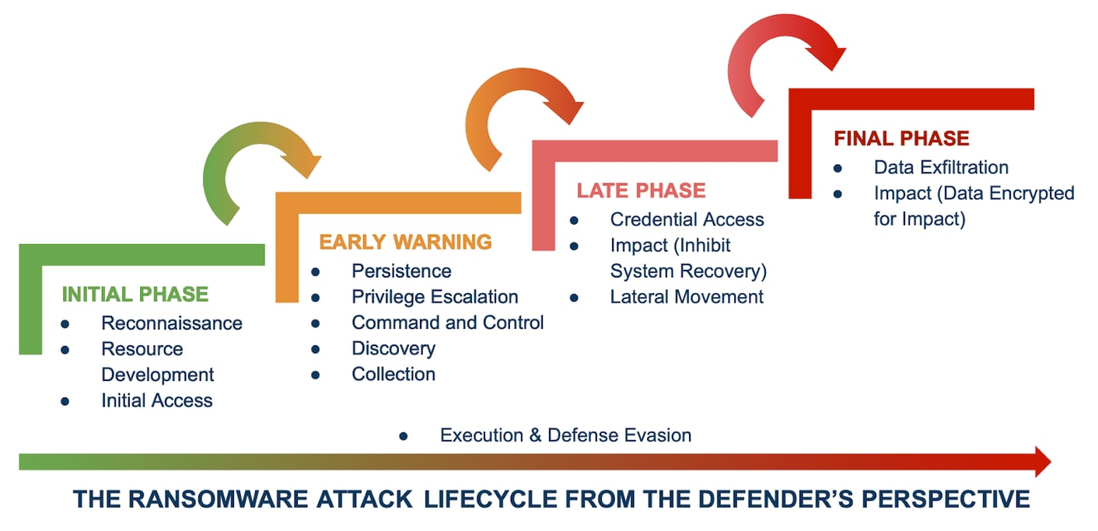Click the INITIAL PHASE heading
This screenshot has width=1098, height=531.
135,294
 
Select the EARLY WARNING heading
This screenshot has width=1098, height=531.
405,242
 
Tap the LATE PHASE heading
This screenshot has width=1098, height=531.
641,190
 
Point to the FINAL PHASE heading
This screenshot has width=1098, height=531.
901,138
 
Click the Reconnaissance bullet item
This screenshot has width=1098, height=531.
172,323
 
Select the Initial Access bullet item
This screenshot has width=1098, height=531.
156,400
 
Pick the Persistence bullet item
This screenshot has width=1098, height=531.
401,271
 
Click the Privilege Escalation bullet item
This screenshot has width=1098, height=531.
435,297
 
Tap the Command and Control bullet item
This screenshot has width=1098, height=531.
447,323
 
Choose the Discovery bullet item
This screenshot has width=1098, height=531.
393,348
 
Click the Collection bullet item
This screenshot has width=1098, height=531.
393,374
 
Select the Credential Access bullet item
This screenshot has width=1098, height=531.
687,220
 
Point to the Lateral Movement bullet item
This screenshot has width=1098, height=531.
687,297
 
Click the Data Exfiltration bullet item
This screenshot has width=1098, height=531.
941,167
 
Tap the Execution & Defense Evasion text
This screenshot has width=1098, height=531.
565,435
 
